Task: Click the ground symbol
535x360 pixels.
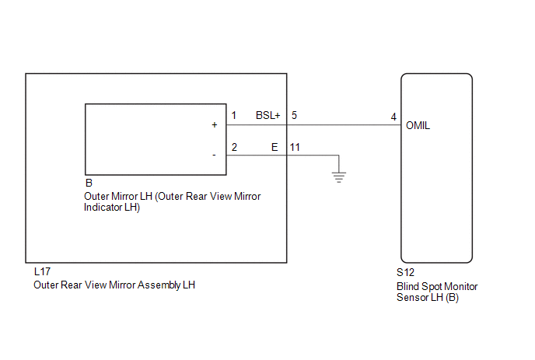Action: click(339, 177)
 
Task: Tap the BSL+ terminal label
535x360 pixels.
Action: click(267, 115)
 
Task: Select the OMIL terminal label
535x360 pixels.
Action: click(418, 126)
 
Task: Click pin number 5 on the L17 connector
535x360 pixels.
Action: click(294, 115)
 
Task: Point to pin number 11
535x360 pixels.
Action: click(295, 147)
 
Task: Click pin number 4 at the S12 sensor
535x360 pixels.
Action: click(393, 117)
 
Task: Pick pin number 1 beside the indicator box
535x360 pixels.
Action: click(234, 115)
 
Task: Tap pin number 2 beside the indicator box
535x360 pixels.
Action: click(234, 147)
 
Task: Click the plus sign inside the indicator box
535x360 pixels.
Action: click(215, 125)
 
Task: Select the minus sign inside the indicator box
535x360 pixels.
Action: click(214, 156)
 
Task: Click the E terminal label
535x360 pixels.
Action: click(274, 147)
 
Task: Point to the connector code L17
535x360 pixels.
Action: click(42, 271)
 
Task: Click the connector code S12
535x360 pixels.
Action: click(405, 272)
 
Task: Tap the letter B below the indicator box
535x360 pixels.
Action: click(89, 183)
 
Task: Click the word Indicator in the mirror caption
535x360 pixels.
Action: click(101, 207)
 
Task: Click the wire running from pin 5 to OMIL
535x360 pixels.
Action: click(344, 125)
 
